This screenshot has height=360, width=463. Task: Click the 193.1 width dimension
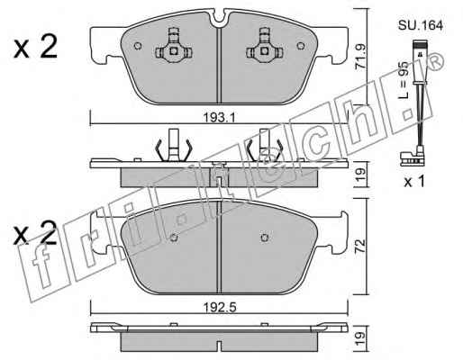(220, 117)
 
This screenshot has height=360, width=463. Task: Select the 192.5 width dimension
(220, 307)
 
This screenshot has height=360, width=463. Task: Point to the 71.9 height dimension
(360, 58)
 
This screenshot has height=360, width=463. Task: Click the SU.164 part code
(421, 25)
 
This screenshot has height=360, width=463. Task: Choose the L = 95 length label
(404, 80)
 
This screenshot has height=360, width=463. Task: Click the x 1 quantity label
(414, 182)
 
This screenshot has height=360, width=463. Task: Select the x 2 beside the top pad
(35, 47)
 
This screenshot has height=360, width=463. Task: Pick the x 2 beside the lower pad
(35, 233)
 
